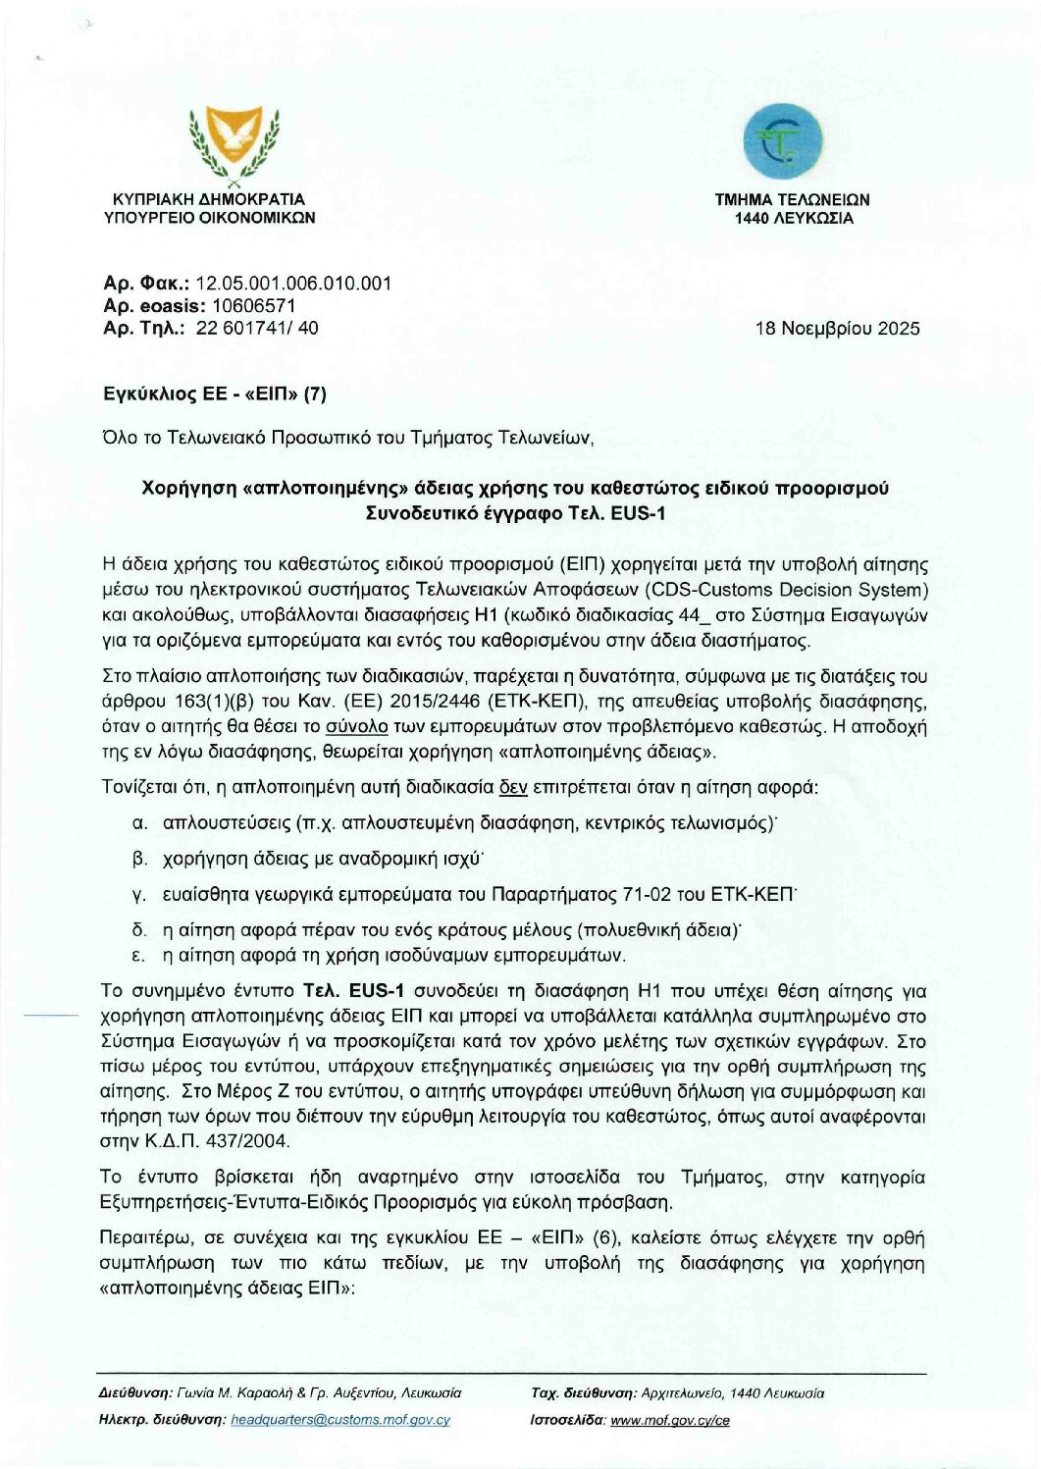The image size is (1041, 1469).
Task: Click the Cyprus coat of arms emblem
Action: (x=233, y=146)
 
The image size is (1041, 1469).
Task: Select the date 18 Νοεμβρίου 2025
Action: (x=837, y=329)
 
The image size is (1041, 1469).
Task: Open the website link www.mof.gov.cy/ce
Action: (x=670, y=1420)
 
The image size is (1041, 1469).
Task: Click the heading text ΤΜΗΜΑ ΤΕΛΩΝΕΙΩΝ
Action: (x=792, y=199)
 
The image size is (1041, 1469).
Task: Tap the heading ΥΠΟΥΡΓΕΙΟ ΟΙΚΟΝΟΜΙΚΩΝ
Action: (x=210, y=217)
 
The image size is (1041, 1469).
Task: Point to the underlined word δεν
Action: (x=513, y=787)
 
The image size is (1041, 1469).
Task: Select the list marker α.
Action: (x=139, y=822)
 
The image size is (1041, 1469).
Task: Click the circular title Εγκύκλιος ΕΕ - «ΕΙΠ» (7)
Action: (x=214, y=394)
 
